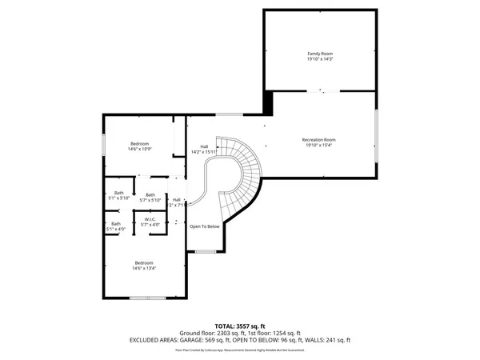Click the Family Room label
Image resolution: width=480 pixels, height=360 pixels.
tap(319, 54)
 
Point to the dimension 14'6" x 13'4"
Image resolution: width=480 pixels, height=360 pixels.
tap(144, 269)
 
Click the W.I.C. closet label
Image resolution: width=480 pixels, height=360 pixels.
tap(150, 219)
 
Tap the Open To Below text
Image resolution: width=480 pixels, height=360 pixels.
tap(204, 226)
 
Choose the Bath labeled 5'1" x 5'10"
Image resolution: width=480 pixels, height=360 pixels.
tap(118, 198)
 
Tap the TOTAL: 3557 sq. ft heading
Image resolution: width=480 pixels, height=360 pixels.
tap(240, 326)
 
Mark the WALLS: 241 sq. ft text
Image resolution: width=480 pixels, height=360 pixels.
tap(328, 340)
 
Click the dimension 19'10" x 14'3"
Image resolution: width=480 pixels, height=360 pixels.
tap(319, 59)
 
